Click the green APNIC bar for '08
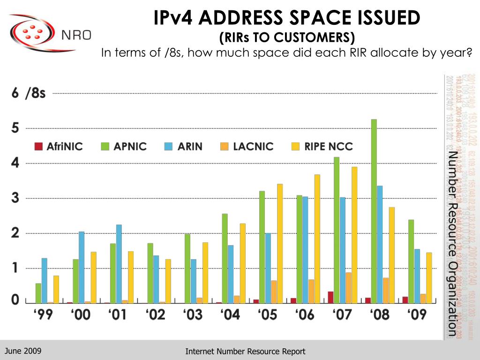(374, 211)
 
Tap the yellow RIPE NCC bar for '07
(354, 234)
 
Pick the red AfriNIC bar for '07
(330, 297)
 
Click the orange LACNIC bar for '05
(274, 292)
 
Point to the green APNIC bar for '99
(38, 293)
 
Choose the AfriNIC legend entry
(59, 146)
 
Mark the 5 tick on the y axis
(15, 128)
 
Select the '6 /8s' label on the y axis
(29, 93)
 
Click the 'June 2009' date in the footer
(23, 351)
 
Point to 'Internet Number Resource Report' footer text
(245, 351)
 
